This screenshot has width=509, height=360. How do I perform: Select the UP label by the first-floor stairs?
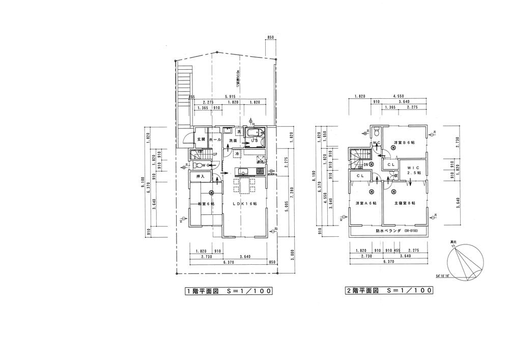click(x=215, y=154)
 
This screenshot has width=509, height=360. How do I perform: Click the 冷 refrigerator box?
click(x=237, y=153)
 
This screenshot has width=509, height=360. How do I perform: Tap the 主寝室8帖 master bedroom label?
click(x=405, y=203)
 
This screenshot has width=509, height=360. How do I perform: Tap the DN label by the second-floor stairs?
click(x=359, y=165)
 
